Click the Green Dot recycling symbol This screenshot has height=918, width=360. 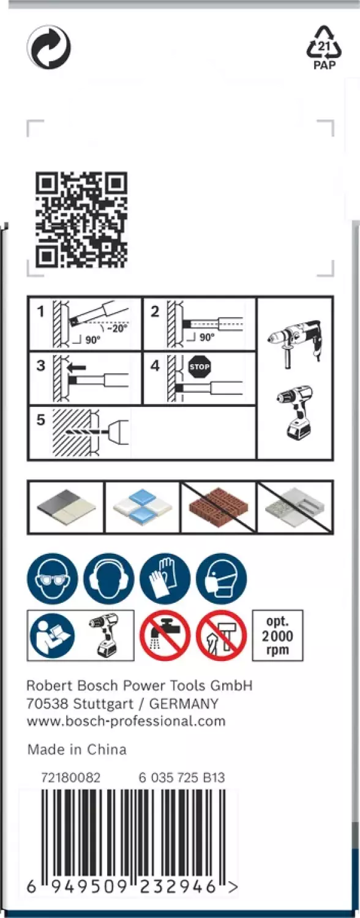(48, 47)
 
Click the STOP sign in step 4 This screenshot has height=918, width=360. (200, 367)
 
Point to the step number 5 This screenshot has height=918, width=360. (40, 421)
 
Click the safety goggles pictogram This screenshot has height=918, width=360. (52, 578)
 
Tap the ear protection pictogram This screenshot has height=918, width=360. (108, 578)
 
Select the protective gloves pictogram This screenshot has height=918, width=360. (165, 578)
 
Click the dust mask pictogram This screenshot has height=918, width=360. (221, 578)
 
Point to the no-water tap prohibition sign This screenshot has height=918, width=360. (165, 635)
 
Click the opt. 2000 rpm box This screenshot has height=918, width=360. (277, 635)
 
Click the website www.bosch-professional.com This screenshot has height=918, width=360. (126, 721)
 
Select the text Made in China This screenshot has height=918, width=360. (77, 750)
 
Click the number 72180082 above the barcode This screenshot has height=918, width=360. (70, 778)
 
